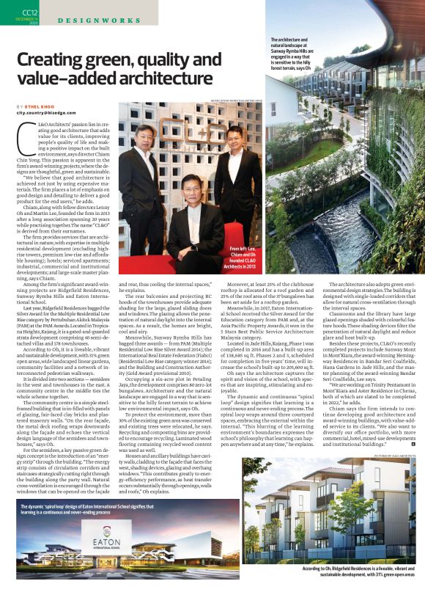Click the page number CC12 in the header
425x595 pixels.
click(x=30, y=12)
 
